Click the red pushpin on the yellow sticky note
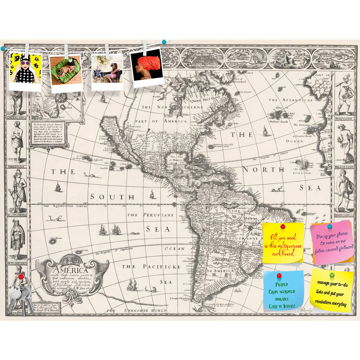tap(283, 227)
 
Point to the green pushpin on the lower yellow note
tap(332, 275)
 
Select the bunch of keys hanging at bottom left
tap(18, 293)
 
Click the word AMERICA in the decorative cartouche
tap(71, 270)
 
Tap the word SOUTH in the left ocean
tap(112, 197)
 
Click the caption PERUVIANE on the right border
tap(343, 118)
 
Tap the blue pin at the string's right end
tap(164, 42)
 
